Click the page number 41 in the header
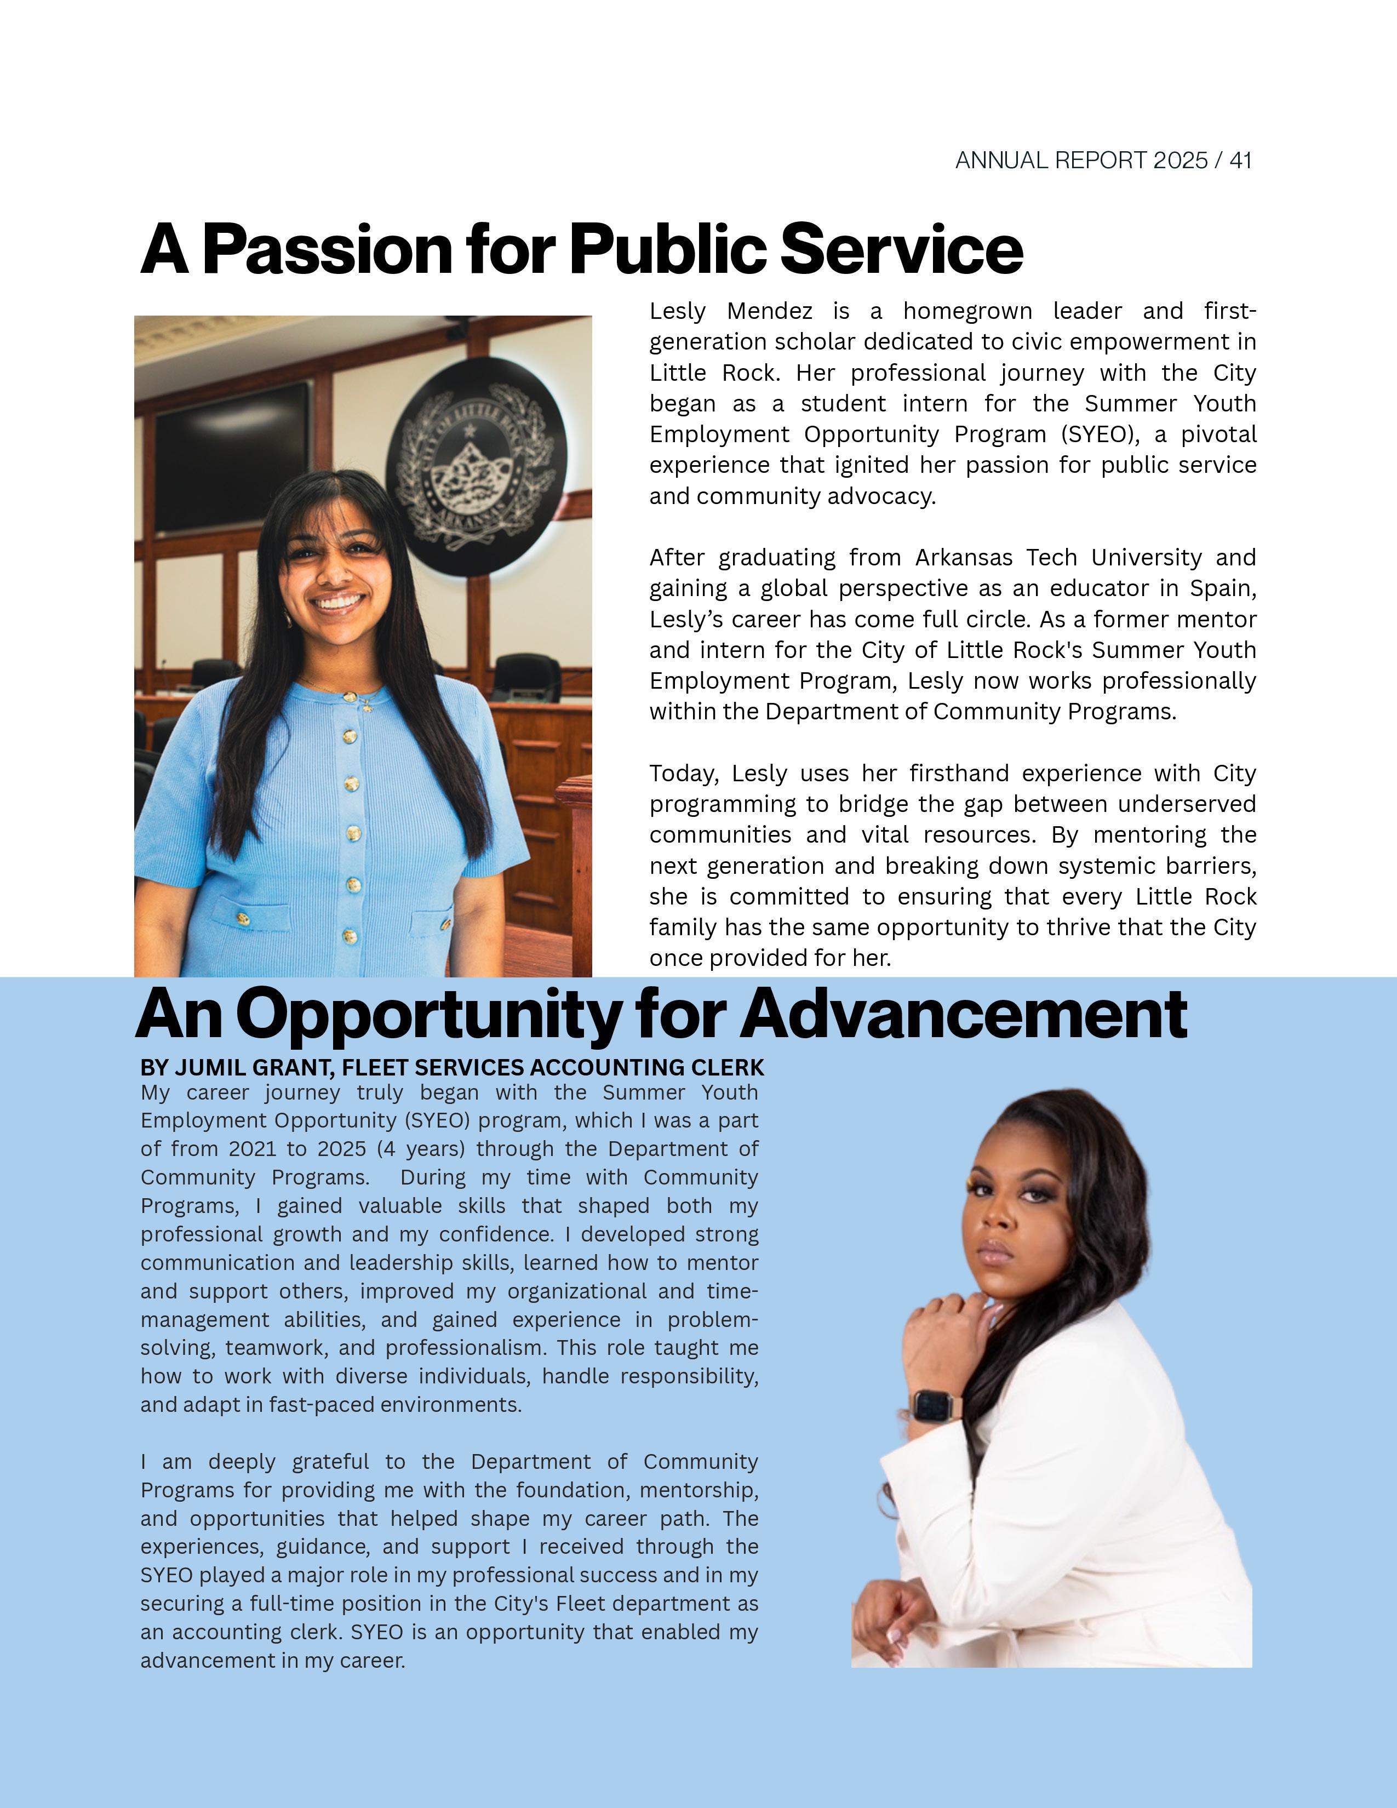(1240, 161)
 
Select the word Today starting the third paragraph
(684, 774)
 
